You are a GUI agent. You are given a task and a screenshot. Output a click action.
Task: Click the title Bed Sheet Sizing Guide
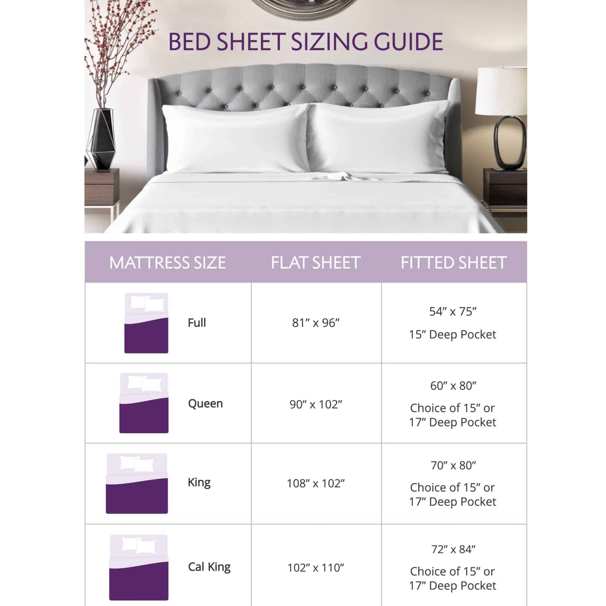pos(305,42)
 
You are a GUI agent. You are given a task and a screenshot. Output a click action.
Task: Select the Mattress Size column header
pos(167,262)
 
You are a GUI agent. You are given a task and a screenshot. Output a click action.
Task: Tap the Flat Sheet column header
pos(315,262)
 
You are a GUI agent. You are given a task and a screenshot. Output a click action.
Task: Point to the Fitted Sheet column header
pos(454,262)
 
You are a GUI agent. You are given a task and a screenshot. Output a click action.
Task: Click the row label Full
pos(197,323)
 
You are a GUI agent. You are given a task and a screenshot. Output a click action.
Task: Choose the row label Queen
pos(205,403)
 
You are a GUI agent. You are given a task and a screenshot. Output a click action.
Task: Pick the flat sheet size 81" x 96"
pos(316,323)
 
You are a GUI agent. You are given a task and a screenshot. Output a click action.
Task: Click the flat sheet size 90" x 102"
pos(316,404)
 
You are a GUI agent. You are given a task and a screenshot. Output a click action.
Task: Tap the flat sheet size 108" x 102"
pos(316,483)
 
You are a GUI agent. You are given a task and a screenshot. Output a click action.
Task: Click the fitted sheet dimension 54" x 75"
pos(453,312)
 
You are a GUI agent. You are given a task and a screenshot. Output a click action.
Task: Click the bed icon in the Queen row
pos(144,403)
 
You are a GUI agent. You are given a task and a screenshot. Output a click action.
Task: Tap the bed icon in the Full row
pos(146,323)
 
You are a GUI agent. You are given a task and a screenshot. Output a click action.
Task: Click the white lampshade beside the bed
pos(501,91)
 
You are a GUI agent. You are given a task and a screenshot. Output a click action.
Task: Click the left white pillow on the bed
pos(235,138)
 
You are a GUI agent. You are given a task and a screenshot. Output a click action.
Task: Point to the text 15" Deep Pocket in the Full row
pos(452,335)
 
